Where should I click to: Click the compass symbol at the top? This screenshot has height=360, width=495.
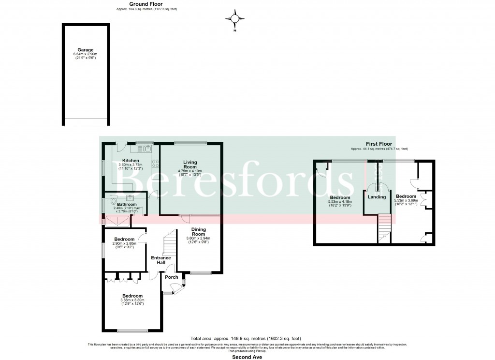(235, 18)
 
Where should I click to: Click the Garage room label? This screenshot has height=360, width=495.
(85, 49)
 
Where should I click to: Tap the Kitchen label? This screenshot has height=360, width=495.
(131, 161)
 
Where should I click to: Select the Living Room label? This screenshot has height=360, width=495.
(191, 165)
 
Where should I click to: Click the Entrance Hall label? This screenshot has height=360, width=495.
(160, 260)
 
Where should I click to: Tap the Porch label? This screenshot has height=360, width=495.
(172, 277)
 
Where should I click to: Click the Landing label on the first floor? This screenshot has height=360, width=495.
(377, 197)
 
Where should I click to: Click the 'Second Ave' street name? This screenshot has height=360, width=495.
(247, 358)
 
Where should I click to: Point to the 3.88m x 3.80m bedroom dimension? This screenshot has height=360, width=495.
(132, 300)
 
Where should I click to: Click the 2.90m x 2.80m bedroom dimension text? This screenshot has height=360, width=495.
(125, 243)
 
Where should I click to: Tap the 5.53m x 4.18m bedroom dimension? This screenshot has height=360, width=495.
(340, 202)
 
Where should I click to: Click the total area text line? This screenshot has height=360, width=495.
(246, 339)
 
